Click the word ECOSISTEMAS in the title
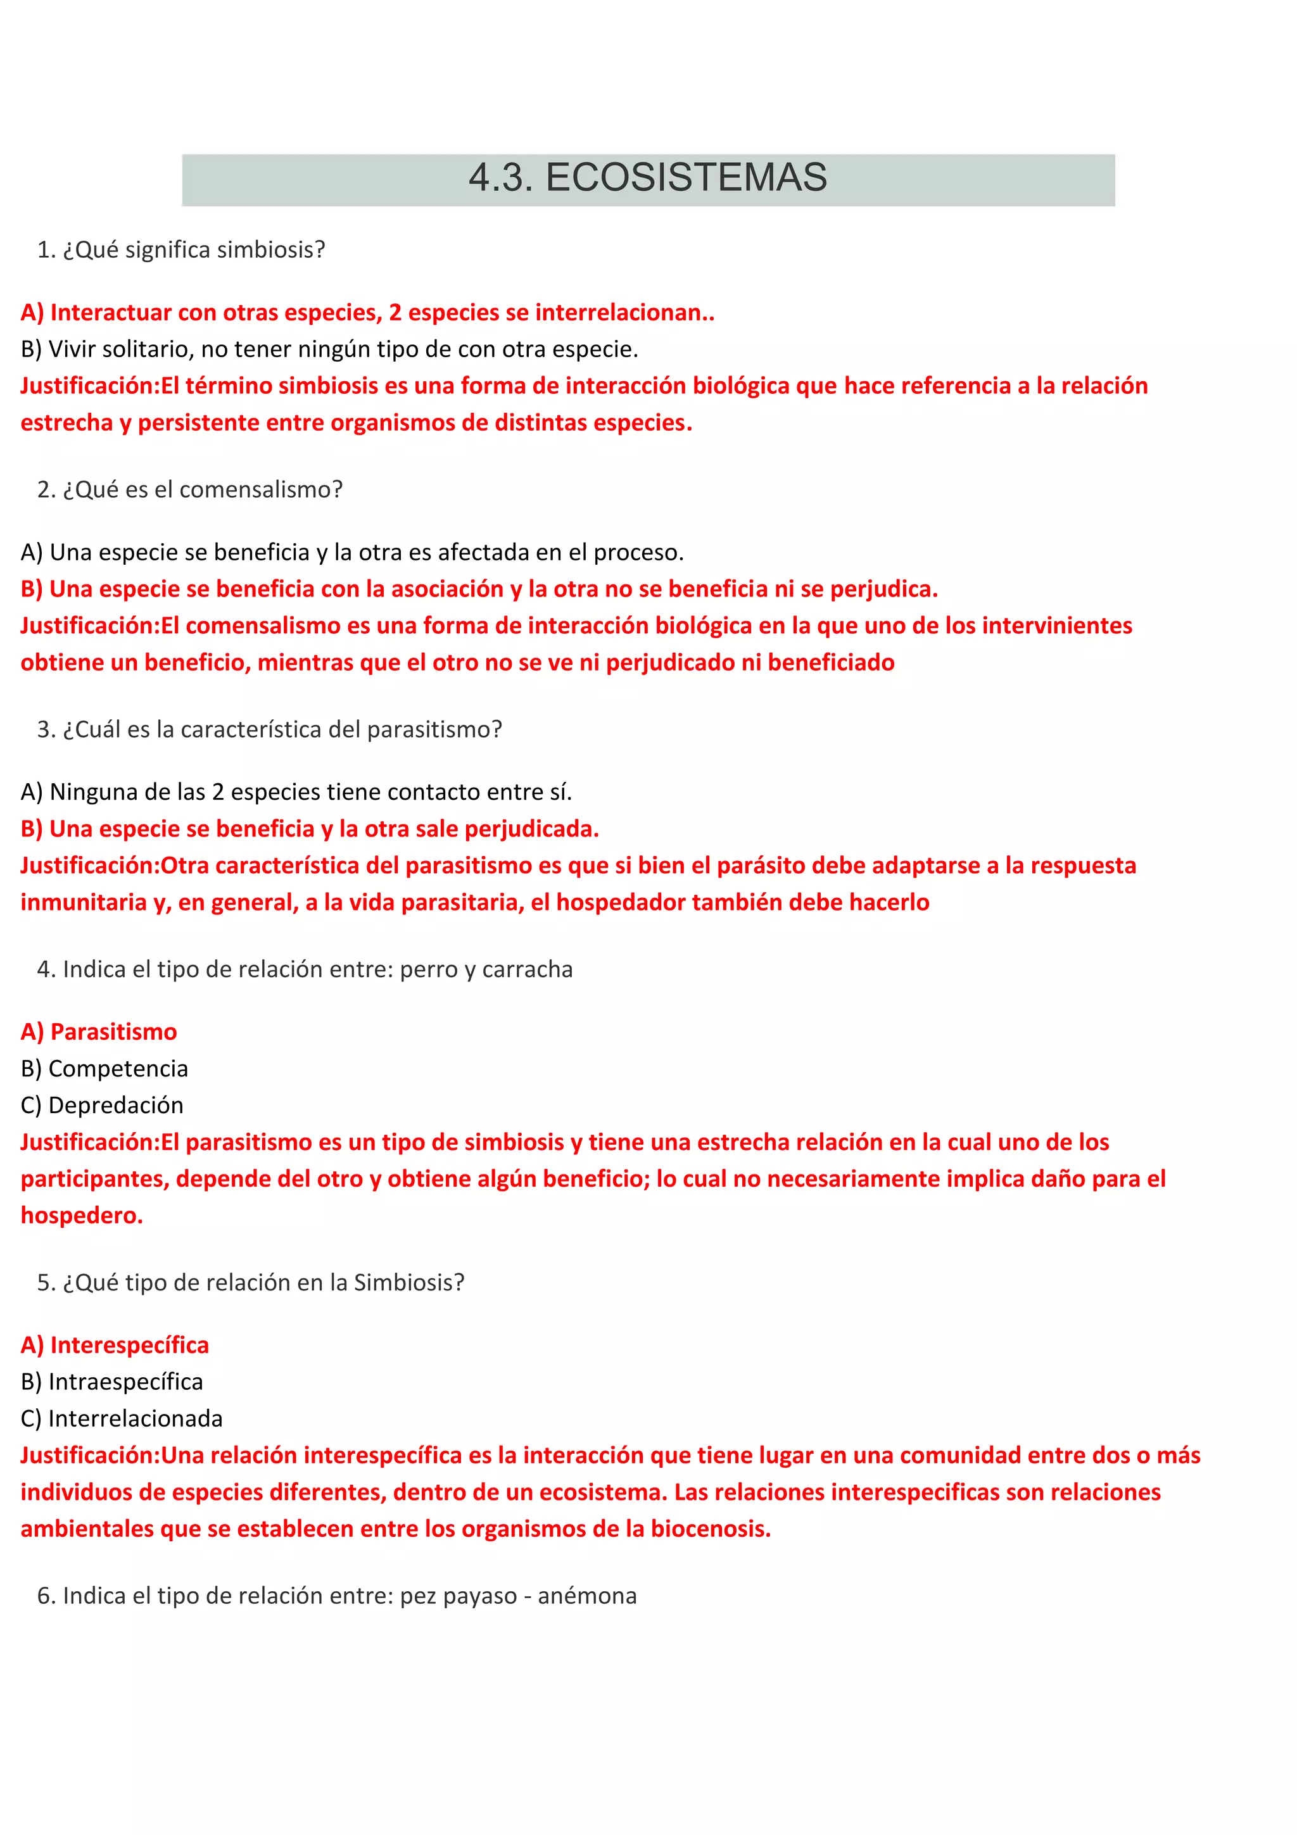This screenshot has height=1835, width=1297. coord(686,177)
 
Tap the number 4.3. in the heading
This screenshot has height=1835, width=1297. coord(500,177)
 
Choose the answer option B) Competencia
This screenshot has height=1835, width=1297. coord(104,1069)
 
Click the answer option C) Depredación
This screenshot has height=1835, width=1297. coord(103,1106)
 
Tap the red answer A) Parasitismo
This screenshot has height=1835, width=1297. coord(99,1031)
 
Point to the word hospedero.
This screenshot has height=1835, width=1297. coord(80,1216)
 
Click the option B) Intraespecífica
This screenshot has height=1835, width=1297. coord(112,1382)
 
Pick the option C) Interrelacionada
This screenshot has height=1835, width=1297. coord(122,1418)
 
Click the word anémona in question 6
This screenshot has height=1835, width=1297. coord(587,1596)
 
